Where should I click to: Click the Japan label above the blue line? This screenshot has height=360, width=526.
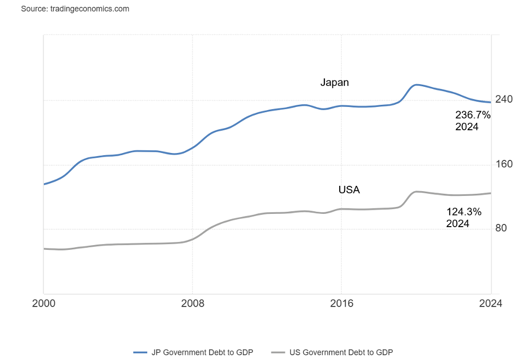coord(334,83)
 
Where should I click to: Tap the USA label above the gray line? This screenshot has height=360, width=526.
coord(349,190)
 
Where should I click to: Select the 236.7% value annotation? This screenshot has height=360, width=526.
coord(473,115)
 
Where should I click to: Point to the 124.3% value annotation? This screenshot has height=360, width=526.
coord(464,212)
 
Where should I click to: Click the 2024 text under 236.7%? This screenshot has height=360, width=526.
coord(467,127)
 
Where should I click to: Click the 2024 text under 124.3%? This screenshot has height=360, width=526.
coord(458,223)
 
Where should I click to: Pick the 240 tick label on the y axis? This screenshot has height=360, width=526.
coord(504,100)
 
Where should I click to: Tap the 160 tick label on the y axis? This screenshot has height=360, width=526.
coord(504,164)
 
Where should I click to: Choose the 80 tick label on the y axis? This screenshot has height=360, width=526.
coord(501,228)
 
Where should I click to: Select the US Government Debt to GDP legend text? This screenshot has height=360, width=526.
coord(341,352)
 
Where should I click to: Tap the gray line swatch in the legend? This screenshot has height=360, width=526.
coord(278,352)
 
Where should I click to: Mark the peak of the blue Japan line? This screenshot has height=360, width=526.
coord(417,85)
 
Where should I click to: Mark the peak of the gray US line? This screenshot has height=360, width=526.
coord(417,192)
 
